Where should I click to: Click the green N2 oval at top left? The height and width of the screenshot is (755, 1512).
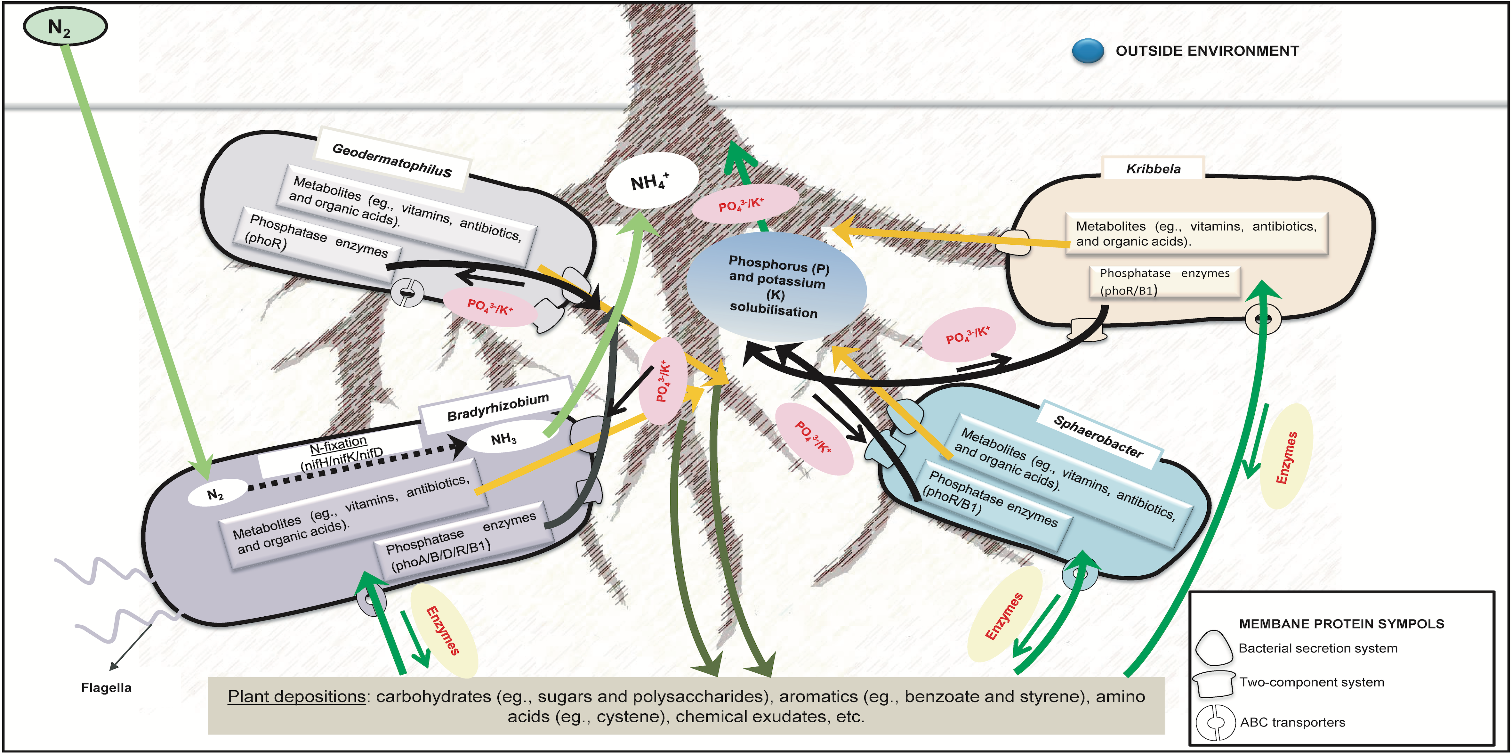click(65, 27)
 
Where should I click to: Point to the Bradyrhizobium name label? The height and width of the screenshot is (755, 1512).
click(498, 407)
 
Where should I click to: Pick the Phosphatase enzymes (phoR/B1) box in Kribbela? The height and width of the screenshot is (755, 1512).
click(1164, 282)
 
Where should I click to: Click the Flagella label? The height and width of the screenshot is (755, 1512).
click(106, 687)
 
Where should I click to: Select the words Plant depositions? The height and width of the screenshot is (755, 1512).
click(296, 696)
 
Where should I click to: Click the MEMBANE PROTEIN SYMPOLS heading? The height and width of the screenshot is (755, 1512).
click(1341, 623)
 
